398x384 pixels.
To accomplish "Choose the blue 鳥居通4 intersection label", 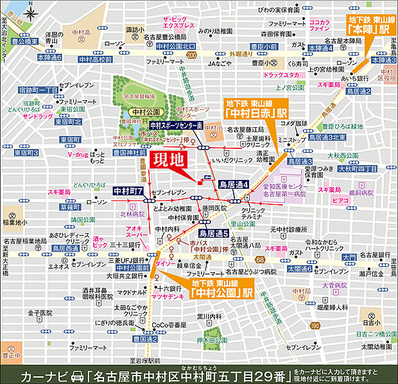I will point(233,185).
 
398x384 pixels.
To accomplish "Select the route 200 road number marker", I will point(191,56).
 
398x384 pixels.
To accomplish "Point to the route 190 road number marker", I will point(315,326).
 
